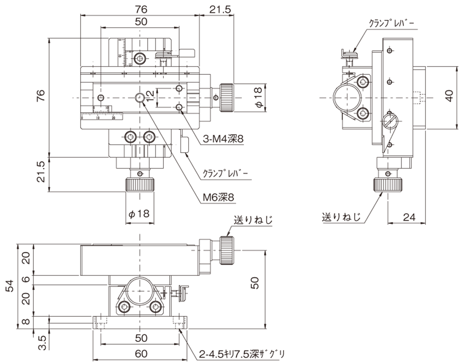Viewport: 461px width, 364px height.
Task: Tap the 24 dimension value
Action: [x=409, y=217]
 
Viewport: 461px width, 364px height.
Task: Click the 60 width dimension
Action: [x=141, y=354]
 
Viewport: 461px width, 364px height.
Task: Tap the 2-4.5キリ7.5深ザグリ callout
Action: [x=241, y=355]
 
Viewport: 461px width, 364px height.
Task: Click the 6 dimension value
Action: [x=26, y=279]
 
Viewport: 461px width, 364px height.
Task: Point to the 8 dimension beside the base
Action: [x=26, y=322]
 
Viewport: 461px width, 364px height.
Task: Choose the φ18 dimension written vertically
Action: [x=257, y=97]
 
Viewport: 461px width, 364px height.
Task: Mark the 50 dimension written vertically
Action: [x=255, y=283]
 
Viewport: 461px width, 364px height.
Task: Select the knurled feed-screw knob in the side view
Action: [x=387, y=184]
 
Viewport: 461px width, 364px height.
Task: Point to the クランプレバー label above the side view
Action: [x=391, y=23]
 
